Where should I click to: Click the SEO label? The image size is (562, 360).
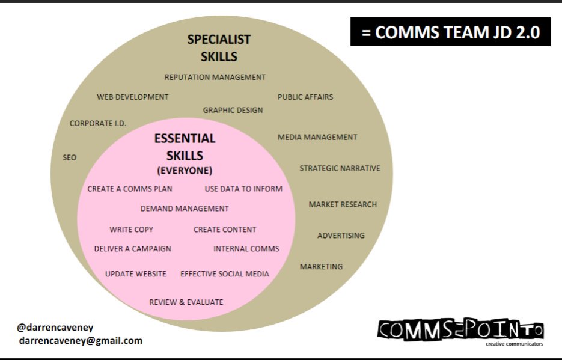(70, 157)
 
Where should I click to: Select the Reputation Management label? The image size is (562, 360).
(215, 77)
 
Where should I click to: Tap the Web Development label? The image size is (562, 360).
(133, 97)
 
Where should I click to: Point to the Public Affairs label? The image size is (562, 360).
(305, 97)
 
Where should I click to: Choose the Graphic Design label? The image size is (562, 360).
(233, 110)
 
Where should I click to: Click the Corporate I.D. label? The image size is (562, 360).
(98, 124)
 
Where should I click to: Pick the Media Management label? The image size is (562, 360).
(317, 137)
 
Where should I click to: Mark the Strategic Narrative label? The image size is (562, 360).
(340, 168)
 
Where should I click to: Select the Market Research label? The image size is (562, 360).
(343, 204)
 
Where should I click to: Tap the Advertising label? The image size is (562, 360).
(341, 236)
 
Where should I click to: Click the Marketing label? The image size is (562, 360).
(321, 266)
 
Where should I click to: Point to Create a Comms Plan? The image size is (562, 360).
(130, 189)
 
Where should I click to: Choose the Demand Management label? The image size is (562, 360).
(185, 209)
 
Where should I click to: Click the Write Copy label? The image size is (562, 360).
(131, 230)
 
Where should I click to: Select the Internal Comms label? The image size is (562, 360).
(246, 249)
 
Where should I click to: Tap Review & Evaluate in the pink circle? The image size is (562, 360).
(186, 302)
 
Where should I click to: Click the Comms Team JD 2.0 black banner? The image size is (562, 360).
(450, 32)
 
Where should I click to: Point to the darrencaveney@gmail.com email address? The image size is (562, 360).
(81, 340)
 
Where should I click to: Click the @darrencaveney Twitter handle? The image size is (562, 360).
(55, 328)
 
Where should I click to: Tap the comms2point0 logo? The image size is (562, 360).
(460, 330)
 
